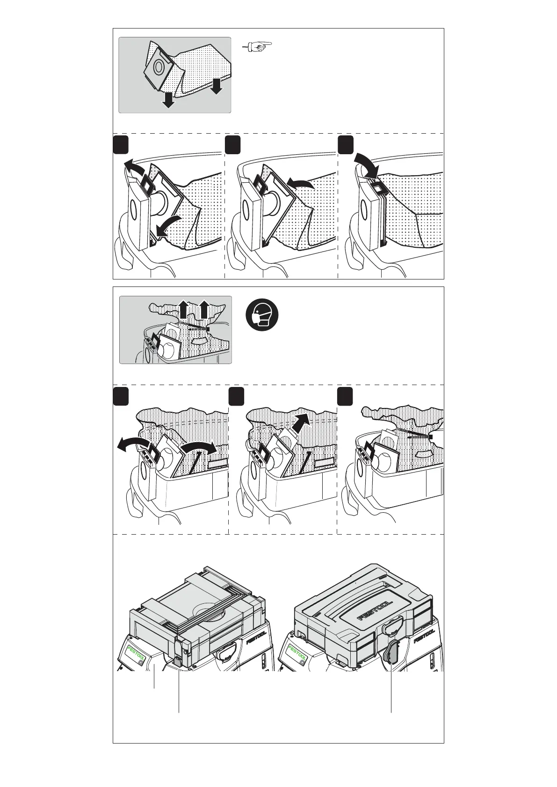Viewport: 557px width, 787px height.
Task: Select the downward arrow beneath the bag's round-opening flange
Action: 169,100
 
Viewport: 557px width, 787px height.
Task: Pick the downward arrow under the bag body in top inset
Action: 217,86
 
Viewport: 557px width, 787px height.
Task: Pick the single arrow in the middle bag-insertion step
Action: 299,183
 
